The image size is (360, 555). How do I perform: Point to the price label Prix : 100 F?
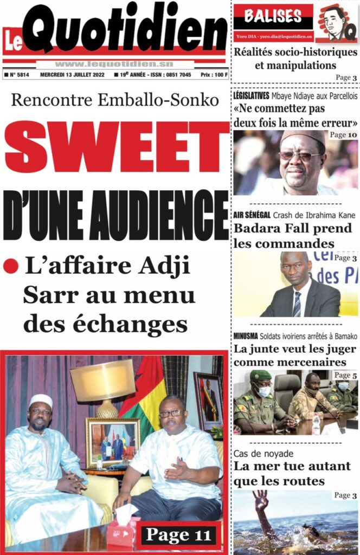pos(214,75)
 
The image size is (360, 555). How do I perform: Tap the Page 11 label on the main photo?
pos(178,535)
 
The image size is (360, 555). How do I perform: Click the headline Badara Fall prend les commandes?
pos(293,236)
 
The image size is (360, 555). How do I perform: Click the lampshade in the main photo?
pos(102,380)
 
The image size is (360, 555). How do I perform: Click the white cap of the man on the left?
pos(41,402)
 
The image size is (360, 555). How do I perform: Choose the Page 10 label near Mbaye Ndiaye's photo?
pos(344,135)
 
